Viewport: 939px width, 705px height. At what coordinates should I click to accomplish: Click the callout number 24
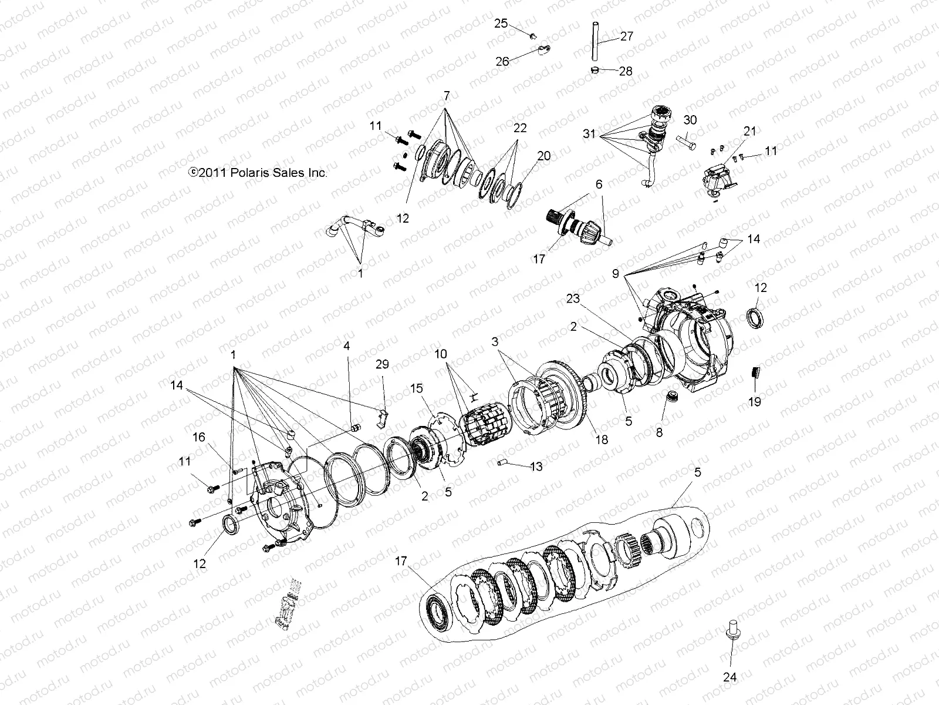(729, 677)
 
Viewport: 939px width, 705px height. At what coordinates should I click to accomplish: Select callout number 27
(626, 36)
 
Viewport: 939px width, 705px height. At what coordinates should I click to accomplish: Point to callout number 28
(626, 71)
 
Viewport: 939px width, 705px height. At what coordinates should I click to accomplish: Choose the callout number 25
(501, 23)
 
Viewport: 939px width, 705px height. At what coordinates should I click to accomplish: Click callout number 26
(502, 61)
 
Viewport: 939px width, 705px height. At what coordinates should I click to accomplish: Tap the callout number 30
(690, 120)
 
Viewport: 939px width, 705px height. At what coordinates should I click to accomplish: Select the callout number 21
(750, 132)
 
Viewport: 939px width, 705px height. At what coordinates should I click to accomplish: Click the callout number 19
(755, 402)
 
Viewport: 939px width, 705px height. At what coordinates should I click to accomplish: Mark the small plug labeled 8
(670, 398)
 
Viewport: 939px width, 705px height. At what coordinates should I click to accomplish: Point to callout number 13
(535, 467)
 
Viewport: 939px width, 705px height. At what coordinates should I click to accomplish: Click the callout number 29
(382, 365)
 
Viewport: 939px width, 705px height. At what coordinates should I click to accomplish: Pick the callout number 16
(199, 437)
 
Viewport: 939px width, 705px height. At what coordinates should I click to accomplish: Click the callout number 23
(573, 299)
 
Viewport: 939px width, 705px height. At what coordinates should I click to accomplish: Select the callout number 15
(416, 388)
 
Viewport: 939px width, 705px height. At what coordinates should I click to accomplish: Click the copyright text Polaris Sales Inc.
(257, 172)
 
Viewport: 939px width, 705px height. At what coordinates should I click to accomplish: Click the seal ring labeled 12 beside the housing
(756, 317)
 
